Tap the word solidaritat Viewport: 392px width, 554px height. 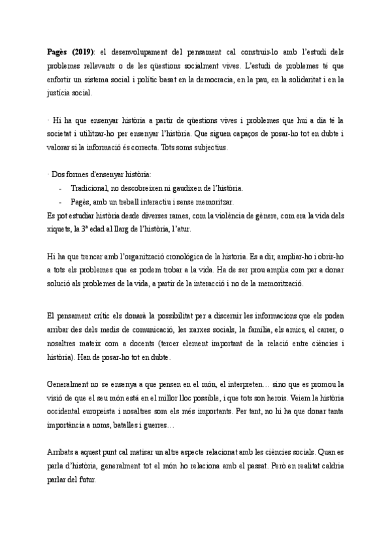[310, 79]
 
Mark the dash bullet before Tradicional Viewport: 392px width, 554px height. [60, 188]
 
